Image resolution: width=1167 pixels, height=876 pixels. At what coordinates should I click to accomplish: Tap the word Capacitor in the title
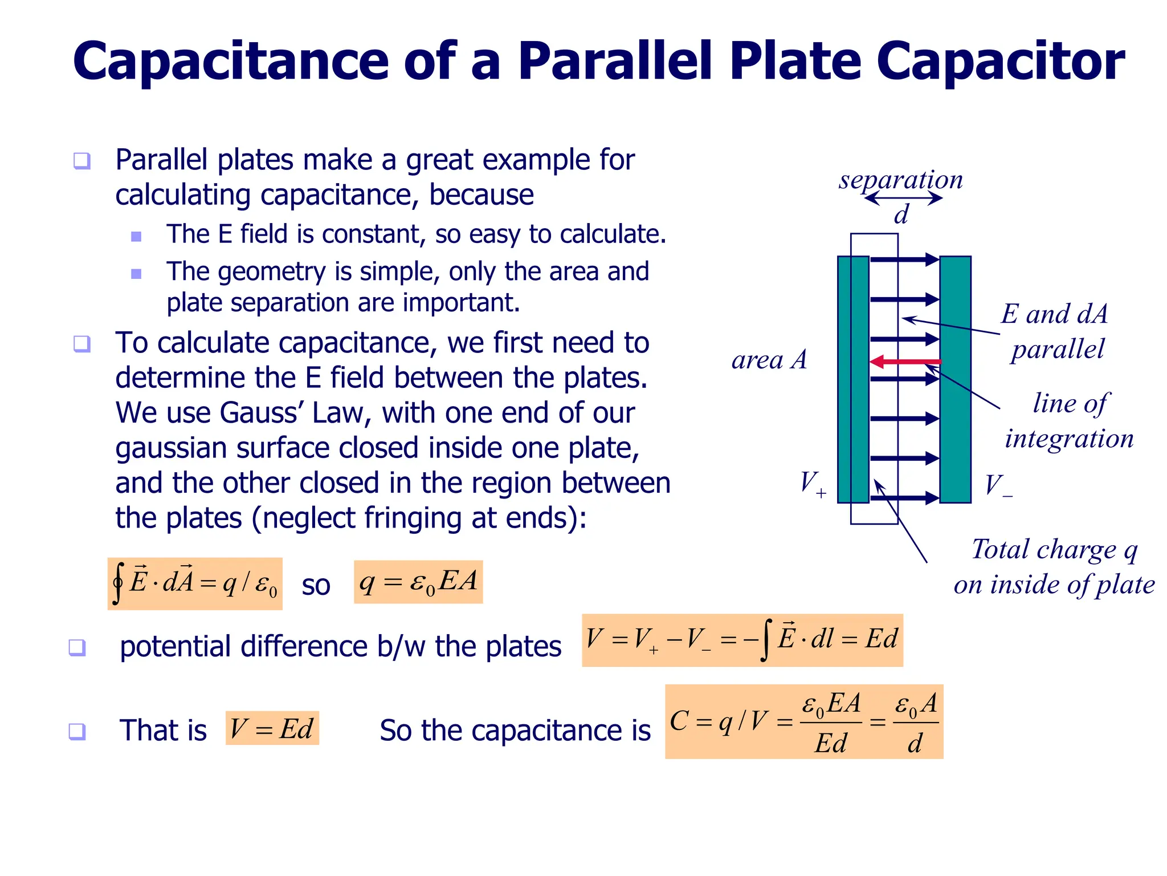click(1000, 62)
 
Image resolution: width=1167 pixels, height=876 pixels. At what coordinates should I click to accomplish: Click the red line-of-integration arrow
click(905, 362)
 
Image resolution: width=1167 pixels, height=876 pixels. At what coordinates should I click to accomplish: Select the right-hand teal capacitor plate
click(955, 379)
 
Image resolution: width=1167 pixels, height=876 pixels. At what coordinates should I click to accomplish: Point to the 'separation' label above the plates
click(900, 180)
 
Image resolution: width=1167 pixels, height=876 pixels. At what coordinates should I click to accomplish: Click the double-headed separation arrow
click(903, 198)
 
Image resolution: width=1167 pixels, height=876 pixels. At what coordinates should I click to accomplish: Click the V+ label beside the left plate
click(813, 484)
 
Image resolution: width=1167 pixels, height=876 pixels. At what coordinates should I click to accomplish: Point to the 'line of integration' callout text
click(1069, 421)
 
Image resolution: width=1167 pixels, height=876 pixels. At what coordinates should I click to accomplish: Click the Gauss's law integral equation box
click(195, 583)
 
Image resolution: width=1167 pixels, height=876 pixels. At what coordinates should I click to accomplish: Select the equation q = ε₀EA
click(418, 582)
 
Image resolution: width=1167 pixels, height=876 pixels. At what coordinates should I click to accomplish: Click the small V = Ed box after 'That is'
click(272, 728)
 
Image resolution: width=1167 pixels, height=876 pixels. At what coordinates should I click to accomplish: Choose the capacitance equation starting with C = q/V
click(803, 722)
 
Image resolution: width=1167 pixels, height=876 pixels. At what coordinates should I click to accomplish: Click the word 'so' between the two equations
click(316, 585)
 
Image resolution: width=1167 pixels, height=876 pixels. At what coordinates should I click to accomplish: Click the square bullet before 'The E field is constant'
click(136, 236)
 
